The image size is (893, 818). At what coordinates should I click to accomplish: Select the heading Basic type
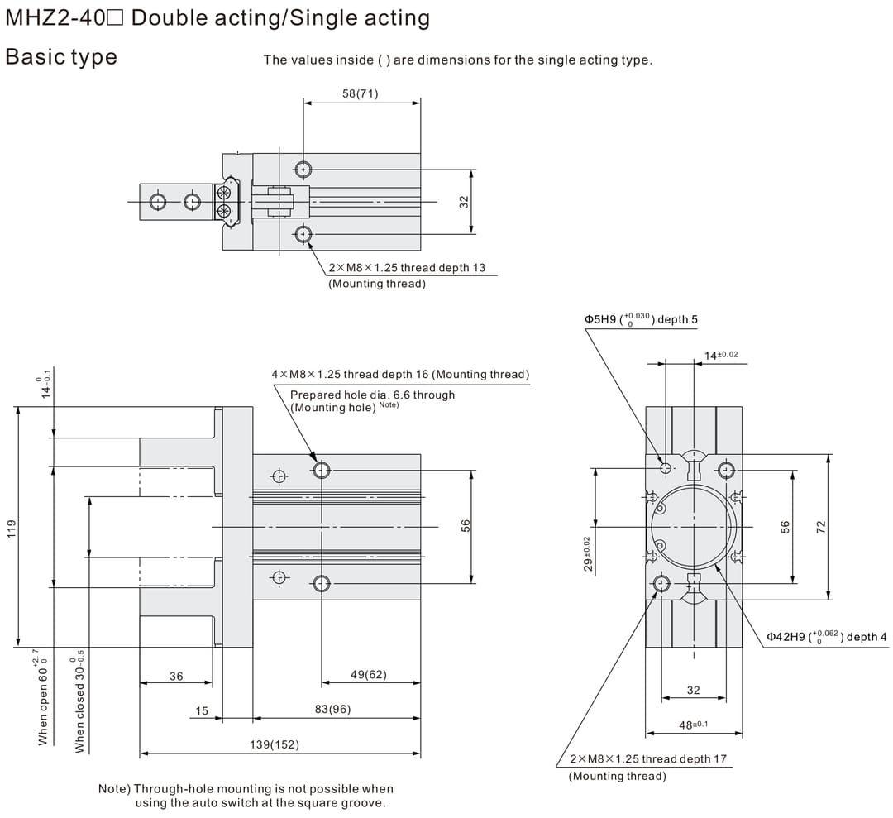pos(61,57)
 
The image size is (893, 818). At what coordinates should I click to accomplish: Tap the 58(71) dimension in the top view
pos(360,93)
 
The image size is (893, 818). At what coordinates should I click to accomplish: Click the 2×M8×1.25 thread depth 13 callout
pos(407,268)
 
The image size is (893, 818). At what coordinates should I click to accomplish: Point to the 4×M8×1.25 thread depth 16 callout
pos(400,375)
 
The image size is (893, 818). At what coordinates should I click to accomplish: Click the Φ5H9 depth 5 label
pos(641,319)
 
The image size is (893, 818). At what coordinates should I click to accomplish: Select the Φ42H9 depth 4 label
pos(826,636)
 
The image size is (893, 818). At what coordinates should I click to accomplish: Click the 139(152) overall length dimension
pos(275,745)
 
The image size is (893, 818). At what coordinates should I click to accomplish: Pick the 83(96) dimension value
pos(332,710)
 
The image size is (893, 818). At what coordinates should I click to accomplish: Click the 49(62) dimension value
pos(368,675)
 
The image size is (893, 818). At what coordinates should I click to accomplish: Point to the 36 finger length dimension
pos(176,677)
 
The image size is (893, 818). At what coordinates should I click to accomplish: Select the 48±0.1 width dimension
pos(693,725)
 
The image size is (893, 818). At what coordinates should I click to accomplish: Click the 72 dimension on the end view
pos(821,527)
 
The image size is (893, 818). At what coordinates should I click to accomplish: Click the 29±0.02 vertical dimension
pos(587,552)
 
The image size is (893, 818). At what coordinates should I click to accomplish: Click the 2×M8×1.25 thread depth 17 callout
pos(648,758)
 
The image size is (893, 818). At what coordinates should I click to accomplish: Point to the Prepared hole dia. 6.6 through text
pos(372,395)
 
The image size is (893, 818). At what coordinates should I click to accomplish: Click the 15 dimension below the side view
pos(202,710)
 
